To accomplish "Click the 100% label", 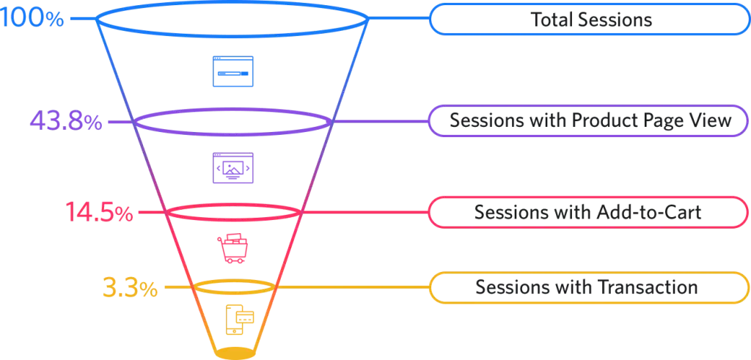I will tap(32, 18).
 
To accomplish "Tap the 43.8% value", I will tap(65, 121).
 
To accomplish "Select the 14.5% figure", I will tap(98, 213).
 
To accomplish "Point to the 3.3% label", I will tap(129, 288).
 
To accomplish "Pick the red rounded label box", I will tap(587, 212).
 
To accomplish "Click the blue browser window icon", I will tap(233, 71).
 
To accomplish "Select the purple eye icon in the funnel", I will tap(233, 168).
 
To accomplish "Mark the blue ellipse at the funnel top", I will tap(231, 5).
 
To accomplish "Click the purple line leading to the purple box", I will tap(381, 121).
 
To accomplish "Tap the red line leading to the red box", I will tap(367, 213).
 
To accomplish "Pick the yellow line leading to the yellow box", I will tap(352, 287).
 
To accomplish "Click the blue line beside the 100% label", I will tap(80, 18).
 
